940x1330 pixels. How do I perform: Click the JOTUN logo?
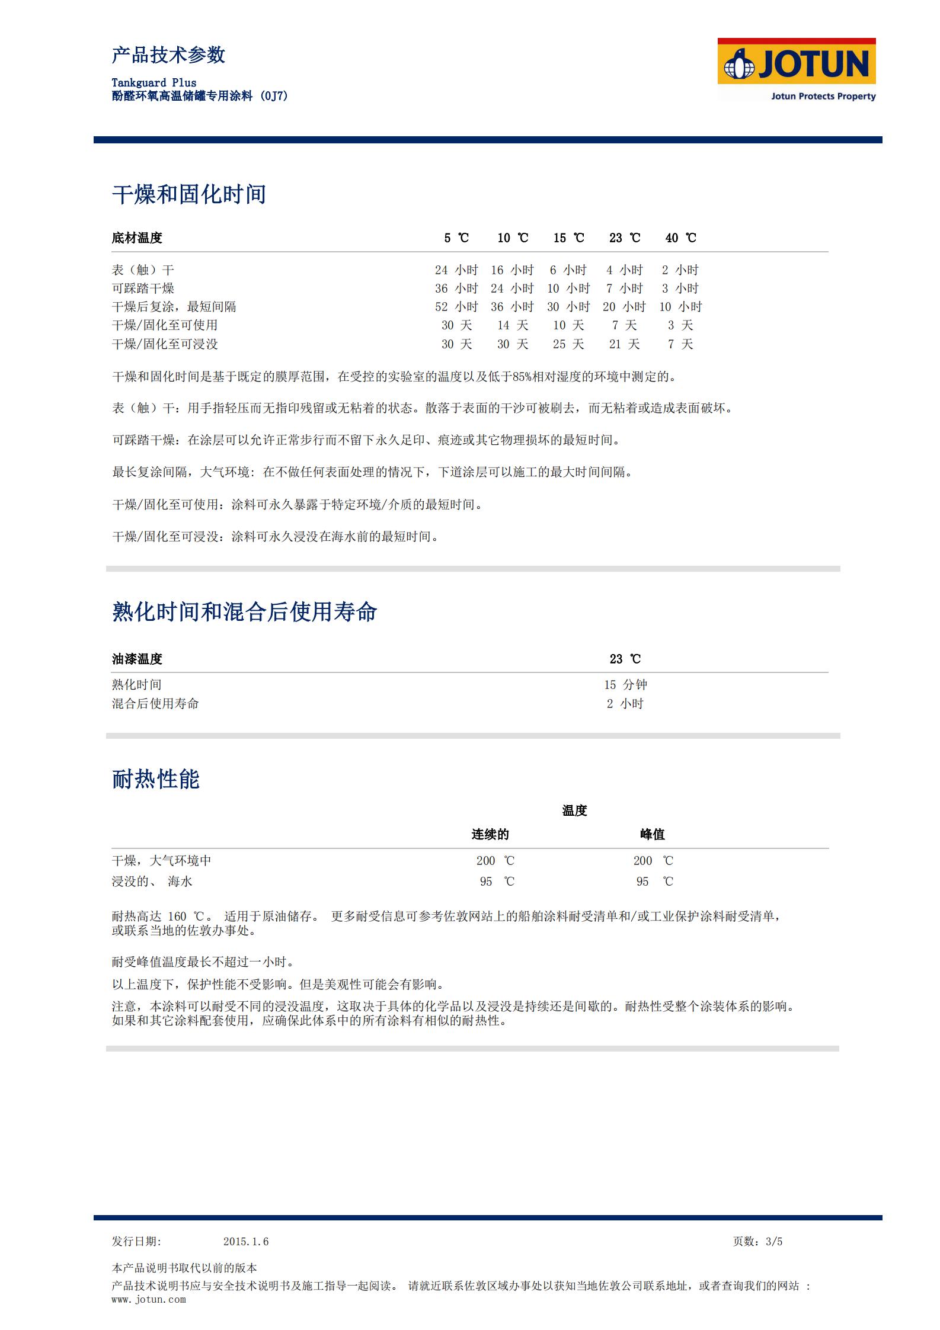[x=796, y=69]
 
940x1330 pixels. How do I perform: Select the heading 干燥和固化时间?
[x=189, y=194]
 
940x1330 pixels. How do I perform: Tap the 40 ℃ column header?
[x=680, y=238]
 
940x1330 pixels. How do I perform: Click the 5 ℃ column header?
[x=456, y=238]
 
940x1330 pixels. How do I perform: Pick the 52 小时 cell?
[x=456, y=307]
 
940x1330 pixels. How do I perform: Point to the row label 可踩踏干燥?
[x=143, y=289]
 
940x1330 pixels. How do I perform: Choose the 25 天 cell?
[x=568, y=344]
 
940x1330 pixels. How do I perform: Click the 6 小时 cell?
[x=568, y=270]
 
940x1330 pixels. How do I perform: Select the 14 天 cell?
[x=512, y=325]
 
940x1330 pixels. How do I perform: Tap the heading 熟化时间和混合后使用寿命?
[x=244, y=612]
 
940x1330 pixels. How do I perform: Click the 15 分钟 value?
[x=625, y=685]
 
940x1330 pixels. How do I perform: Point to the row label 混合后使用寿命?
[x=155, y=704]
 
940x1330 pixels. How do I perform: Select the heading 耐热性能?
[x=156, y=779]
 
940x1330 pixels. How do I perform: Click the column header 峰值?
[x=652, y=835]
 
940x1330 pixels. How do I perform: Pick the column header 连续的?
[x=490, y=835]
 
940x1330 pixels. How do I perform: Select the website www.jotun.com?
[x=149, y=1300]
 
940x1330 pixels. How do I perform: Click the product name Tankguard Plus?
[x=154, y=83]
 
